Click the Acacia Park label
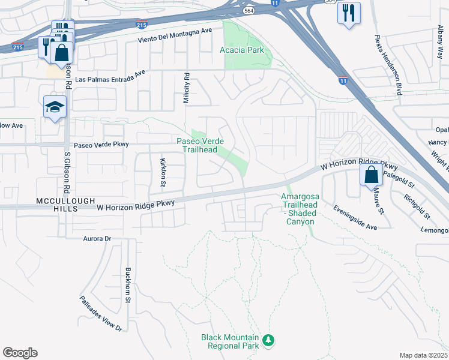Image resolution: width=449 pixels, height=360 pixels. point(243,50)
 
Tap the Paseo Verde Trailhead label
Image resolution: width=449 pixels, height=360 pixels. point(200,145)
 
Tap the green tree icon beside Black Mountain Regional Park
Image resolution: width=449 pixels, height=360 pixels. point(269,341)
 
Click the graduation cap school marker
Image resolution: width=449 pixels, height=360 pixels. point(55,107)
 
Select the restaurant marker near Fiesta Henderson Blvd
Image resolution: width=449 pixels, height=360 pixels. point(349,13)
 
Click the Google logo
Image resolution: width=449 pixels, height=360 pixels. point(20,353)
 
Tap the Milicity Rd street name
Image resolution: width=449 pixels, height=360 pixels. point(186,89)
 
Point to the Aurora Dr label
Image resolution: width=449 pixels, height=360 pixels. point(97,238)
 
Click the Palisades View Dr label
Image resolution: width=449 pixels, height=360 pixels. point(101,314)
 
